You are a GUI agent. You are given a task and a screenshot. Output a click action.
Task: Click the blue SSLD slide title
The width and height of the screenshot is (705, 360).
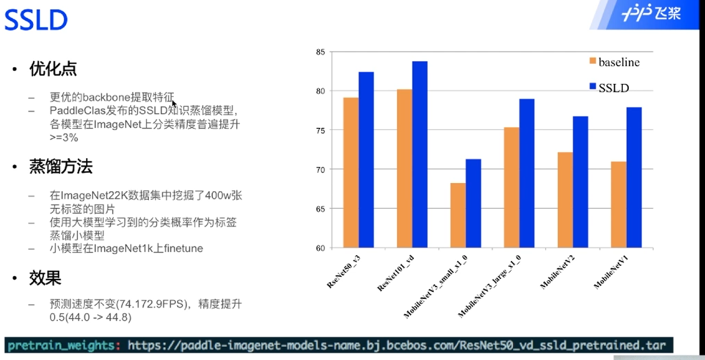36,20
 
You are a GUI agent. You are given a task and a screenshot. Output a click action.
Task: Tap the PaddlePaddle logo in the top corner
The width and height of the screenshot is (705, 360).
651,13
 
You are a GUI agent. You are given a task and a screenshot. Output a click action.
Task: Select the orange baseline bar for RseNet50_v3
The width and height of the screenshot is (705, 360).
351,173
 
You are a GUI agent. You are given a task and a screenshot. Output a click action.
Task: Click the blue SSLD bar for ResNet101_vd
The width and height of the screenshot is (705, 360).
420,154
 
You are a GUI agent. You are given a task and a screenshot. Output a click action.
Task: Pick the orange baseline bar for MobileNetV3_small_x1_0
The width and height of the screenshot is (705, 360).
458,216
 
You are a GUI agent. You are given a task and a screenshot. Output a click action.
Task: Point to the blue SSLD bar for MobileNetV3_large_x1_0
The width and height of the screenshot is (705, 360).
527,173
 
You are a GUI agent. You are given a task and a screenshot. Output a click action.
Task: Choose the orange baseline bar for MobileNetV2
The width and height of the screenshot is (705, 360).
565,200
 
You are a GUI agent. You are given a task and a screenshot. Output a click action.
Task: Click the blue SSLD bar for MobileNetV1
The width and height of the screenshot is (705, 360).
634,178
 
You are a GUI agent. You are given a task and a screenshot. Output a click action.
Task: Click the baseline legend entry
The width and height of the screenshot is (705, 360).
615,62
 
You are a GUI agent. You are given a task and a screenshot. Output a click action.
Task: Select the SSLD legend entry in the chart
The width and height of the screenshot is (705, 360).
610,88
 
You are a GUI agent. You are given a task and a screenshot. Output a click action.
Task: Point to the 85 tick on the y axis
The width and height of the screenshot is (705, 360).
321,52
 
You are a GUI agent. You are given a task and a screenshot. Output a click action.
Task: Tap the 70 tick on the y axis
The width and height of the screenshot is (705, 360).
321,170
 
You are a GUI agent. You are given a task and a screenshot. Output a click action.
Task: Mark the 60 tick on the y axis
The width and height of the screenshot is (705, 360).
321,249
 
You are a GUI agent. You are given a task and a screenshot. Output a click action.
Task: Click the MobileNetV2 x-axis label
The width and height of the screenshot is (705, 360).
557,272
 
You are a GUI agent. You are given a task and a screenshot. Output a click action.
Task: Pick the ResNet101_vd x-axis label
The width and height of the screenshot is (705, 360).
396,273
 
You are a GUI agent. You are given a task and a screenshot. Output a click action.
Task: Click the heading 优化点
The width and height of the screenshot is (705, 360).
53,68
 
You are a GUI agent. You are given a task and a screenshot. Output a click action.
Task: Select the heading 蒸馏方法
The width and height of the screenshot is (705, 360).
61,166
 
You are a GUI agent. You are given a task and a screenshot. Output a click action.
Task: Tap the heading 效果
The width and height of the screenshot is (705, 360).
45,278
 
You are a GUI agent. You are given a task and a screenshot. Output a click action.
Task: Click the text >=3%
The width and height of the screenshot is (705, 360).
64,137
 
